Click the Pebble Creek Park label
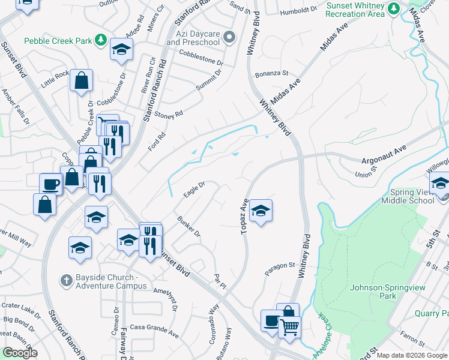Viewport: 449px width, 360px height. (58, 41)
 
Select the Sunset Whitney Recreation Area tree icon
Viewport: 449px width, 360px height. (394, 8)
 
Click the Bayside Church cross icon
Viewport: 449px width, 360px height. (69, 280)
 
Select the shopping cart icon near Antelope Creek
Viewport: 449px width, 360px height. (289, 327)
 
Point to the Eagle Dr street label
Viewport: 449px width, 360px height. (194, 188)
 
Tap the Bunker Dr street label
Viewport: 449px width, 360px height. (188, 226)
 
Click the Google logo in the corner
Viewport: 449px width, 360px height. (20, 353)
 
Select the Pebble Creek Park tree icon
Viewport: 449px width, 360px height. (101, 40)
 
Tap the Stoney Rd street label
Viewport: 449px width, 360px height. (169, 115)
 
